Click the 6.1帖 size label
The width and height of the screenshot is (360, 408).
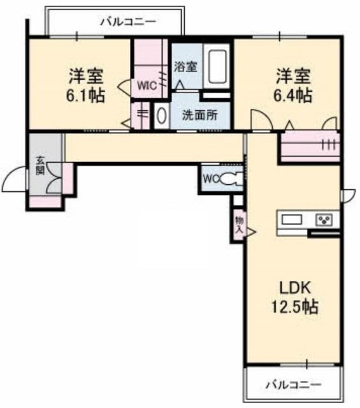point(86,95)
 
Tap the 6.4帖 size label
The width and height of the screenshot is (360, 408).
point(293,95)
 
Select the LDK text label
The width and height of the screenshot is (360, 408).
point(295,288)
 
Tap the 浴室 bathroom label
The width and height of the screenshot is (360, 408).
point(186,67)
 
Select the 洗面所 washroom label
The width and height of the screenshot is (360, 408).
point(200,115)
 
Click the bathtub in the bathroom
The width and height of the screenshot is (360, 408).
point(216,66)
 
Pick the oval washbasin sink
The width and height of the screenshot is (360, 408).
point(161,116)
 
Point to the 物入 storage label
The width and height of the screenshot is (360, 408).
point(239,225)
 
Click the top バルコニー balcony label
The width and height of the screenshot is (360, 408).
point(129,22)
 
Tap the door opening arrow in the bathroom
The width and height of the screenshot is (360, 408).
point(180,85)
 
